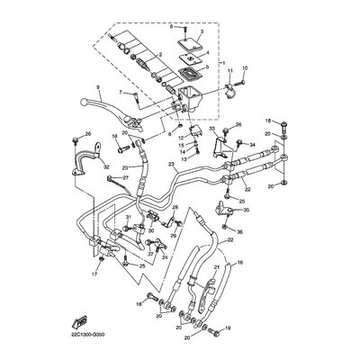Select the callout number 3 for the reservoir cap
click(200, 32)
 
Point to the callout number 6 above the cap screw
click(168, 29)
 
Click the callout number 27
click(126, 178)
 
